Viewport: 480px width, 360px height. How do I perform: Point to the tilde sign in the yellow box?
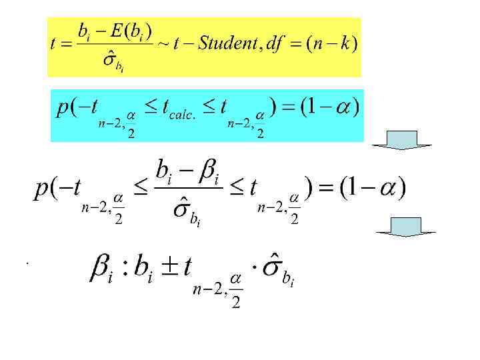[162, 45]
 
